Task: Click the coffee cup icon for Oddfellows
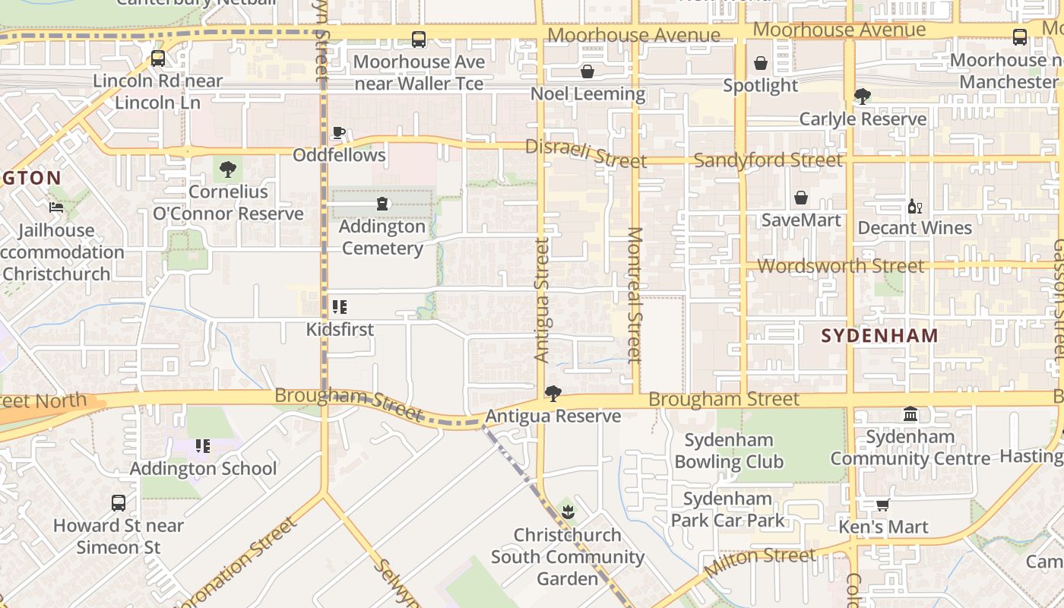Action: (x=339, y=133)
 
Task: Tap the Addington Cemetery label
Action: (x=382, y=237)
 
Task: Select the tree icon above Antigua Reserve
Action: (x=553, y=394)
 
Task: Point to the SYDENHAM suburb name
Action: (x=880, y=335)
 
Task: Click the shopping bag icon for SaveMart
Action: (x=800, y=198)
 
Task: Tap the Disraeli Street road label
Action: (x=585, y=154)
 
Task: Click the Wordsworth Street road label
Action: (x=841, y=266)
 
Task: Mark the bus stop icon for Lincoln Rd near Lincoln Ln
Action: (x=158, y=59)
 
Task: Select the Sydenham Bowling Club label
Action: (x=728, y=451)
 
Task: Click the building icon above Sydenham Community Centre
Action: (x=910, y=414)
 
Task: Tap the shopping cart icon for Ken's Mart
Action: (x=882, y=505)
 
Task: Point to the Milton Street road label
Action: (x=760, y=562)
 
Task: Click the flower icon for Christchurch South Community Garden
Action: (x=568, y=511)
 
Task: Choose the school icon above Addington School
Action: (x=202, y=446)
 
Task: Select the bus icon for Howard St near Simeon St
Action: (x=119, y=502)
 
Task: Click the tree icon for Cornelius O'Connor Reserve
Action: (x=227, y=169)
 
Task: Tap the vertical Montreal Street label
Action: (x=635, y=294)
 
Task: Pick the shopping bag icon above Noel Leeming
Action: (x=587, y=71)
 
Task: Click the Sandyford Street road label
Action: (x=768, y=160)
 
